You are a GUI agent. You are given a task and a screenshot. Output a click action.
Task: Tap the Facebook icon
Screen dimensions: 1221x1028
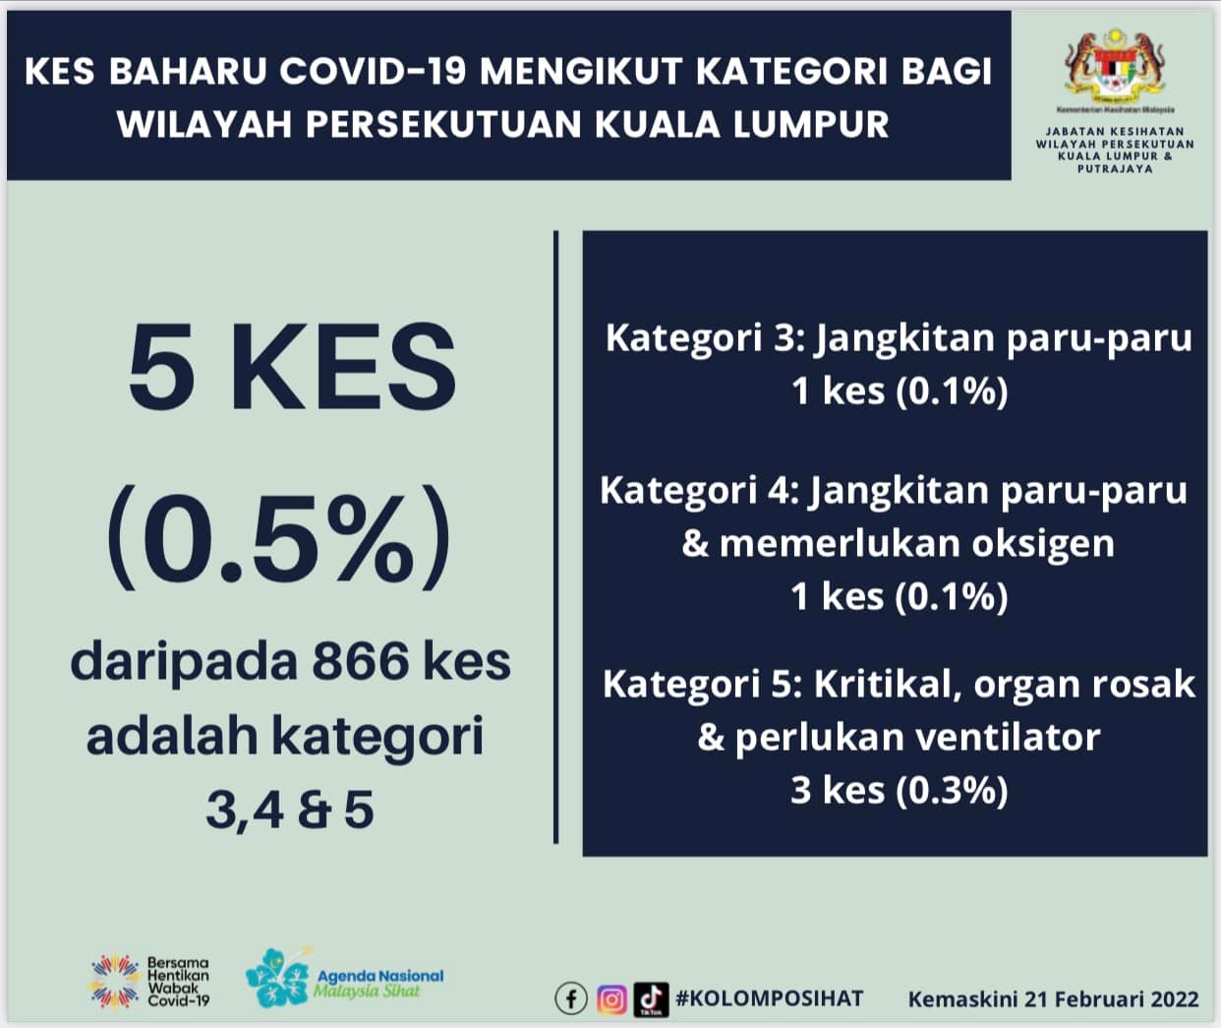571,999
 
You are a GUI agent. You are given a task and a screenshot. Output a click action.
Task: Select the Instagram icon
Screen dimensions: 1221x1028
611,999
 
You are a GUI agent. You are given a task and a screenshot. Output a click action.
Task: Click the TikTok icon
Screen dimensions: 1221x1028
651,999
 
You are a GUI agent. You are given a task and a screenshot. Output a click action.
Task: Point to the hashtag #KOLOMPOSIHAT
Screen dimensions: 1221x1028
769,998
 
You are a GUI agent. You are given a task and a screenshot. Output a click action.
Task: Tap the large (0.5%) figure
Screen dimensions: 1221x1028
279,537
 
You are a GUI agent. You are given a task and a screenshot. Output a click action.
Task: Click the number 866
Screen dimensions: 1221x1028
361,662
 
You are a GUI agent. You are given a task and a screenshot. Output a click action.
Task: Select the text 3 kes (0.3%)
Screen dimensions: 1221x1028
900,790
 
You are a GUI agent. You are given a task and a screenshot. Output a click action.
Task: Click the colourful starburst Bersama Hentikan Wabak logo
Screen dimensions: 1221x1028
115,981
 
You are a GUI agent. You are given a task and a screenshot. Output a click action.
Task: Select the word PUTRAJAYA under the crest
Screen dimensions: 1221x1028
1115,169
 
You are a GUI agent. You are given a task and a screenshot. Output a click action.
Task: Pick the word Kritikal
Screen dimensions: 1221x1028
889,684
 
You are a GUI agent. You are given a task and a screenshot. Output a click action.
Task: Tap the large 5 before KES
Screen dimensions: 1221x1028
161,366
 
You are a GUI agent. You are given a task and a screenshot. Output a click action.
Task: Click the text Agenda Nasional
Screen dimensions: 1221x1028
380,976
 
